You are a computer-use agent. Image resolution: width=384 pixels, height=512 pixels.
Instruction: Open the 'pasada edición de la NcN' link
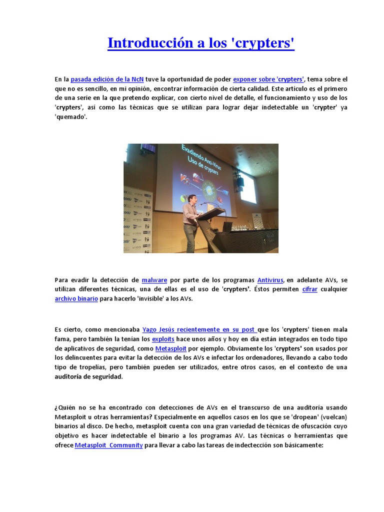(107, 79)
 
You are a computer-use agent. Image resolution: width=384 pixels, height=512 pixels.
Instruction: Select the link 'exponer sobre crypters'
(268, 79)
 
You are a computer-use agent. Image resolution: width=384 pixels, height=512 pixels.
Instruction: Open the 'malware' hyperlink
(154, 280)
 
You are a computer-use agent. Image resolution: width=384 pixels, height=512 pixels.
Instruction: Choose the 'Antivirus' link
(270, 280)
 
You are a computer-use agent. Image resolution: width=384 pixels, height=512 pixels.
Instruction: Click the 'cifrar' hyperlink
(309, 289)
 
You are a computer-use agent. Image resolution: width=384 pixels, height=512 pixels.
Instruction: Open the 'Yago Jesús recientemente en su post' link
(199, 329)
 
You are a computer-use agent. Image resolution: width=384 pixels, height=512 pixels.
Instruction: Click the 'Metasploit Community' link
(109, 445)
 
